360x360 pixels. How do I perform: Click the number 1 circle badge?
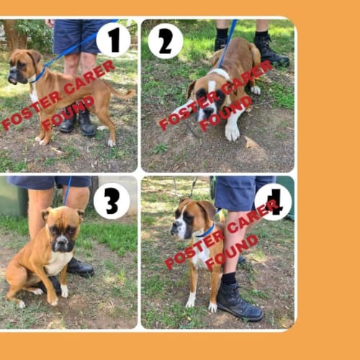(113, 40)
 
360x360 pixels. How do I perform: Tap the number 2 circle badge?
(166, 41)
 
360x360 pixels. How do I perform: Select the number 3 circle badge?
(112, 201)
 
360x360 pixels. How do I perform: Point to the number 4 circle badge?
(273, 202)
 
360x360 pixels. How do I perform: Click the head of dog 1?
(24, 67)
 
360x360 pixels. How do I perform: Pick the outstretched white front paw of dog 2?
(232, 131)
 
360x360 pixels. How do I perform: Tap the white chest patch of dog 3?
(58, 262)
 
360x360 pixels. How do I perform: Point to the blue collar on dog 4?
(206, 232)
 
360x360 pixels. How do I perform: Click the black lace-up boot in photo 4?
(240, 303)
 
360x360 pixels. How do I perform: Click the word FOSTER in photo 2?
(189, 110)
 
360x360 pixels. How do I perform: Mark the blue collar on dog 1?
(40, 75)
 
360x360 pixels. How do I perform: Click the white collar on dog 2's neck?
(220, 73)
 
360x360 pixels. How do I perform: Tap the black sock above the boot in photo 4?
(229, 279)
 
